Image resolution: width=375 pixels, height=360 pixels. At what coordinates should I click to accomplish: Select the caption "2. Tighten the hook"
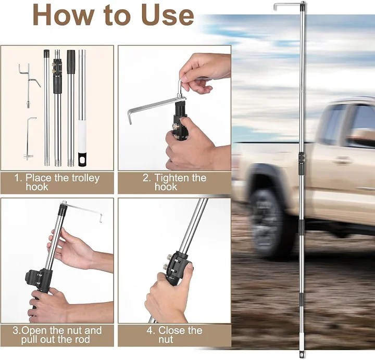coord(174,182)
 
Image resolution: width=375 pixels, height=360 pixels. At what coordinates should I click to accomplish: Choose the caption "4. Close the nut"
coord(174,335)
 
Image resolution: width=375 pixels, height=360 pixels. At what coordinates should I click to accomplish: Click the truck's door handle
coord(343,160)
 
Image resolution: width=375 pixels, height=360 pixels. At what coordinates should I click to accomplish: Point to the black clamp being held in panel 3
coord(37,280)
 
